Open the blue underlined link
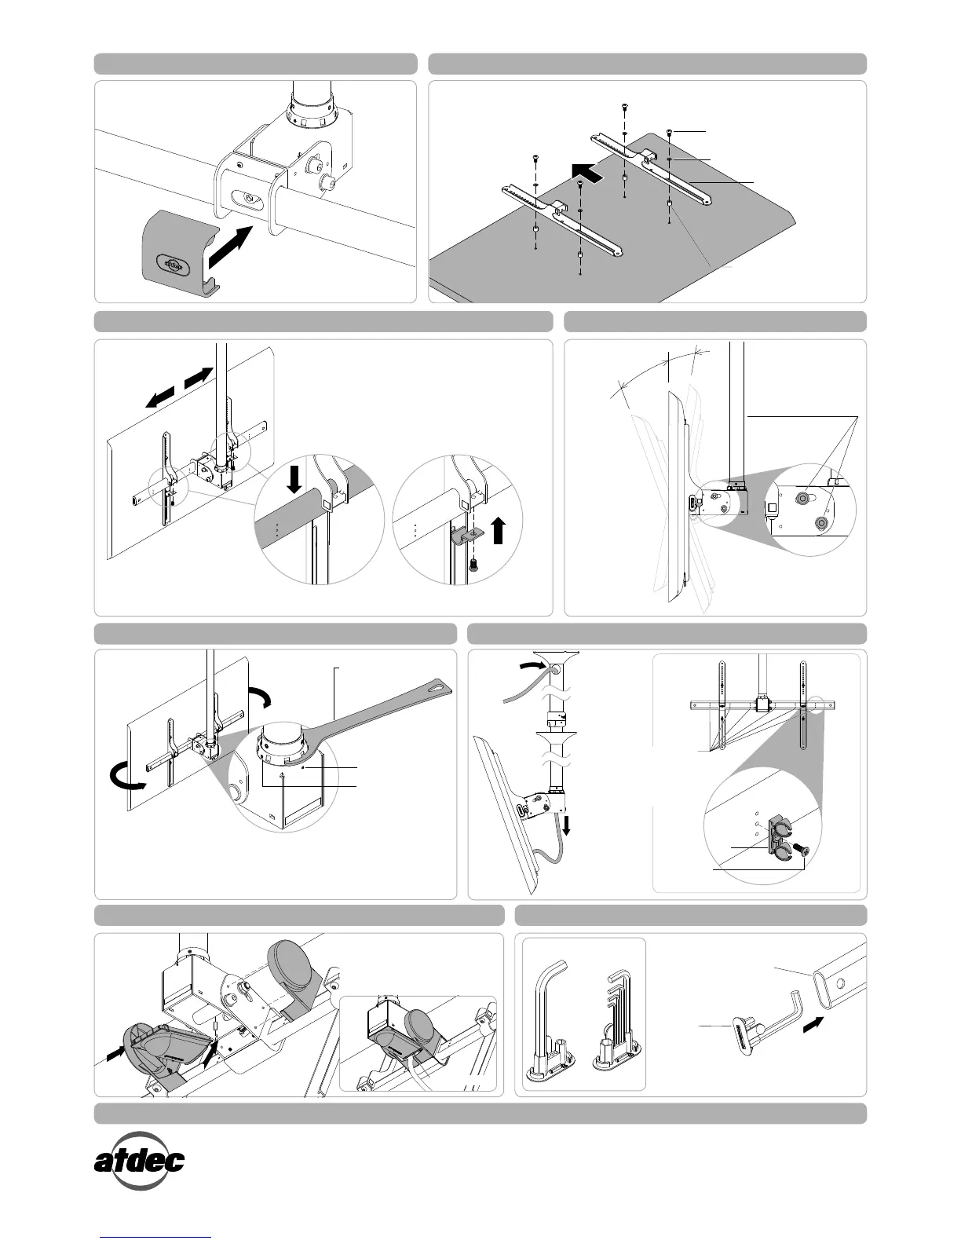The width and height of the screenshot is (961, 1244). pos(156,1237)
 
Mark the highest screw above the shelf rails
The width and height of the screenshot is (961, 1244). pos(624,106)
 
